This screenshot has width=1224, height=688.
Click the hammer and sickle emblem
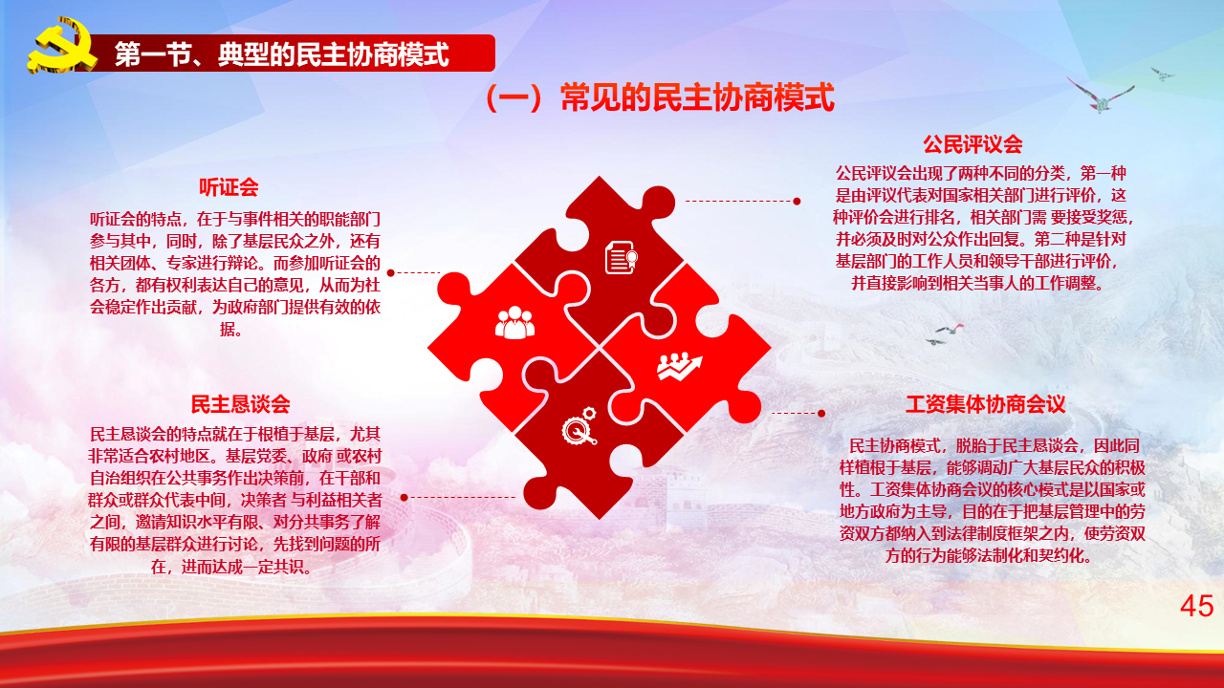(x=62, y=46)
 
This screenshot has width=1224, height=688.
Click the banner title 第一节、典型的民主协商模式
(x=282, y=54)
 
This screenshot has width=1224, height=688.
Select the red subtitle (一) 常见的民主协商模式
(x=660, y=97)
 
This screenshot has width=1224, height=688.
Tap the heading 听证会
(x=229, y=187)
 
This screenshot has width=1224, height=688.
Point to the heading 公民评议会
(x=973, y=144)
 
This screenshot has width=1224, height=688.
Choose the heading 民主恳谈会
(x=240, y=404)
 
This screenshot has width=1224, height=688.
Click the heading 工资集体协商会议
(x=985, y=404)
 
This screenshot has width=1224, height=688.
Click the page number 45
(x=1196, y=606)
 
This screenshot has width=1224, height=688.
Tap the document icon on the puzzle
(x=622, y=257)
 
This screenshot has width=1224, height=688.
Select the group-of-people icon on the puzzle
(x=514, y=323)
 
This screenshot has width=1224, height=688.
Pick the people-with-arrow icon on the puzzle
(x=679, y=366)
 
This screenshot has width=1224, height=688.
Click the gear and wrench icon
(x=579, y=425)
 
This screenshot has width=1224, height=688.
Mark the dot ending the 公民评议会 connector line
(x=797, y=202)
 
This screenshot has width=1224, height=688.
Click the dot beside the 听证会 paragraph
(x=391, y=272)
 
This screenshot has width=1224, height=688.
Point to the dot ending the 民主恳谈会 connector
(x=404, y=498)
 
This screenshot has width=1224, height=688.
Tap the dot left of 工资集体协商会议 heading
(x=821, y=414)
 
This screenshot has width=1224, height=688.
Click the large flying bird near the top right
(x=1100, y=97)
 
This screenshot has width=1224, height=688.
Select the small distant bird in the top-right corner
(x=1163, y=74)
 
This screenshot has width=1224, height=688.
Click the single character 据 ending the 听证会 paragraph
(x=229, y=329)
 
